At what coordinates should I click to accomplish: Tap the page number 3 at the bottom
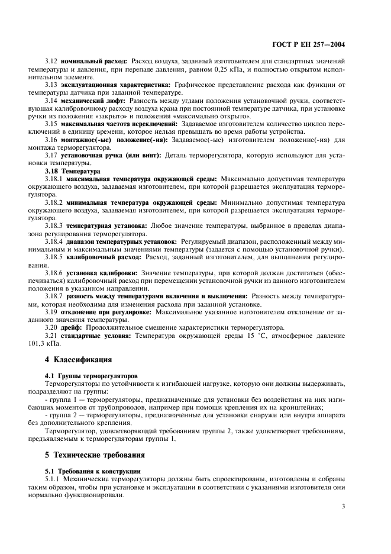pyautogui.click(x=344, y=506)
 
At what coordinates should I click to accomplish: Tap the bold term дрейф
pyautogui.click(x=73, y=327)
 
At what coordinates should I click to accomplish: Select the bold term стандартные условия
pyautogui.click(x=98, y=335)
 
